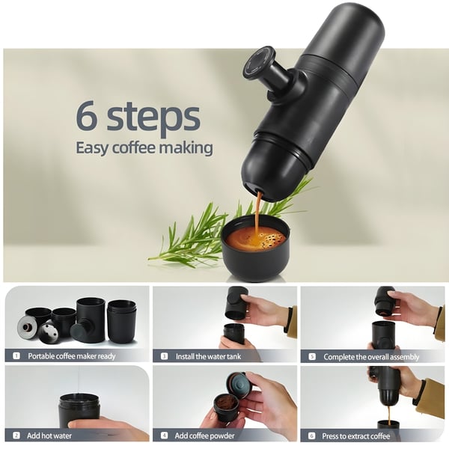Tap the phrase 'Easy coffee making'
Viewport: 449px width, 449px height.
click(x=144, y=147)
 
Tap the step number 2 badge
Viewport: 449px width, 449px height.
click(x=16, y=435)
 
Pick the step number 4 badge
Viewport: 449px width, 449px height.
click(x=164, y=435)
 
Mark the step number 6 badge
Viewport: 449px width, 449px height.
click(x=311, y=435)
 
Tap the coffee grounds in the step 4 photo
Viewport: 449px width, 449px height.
click(x=224, y=403)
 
